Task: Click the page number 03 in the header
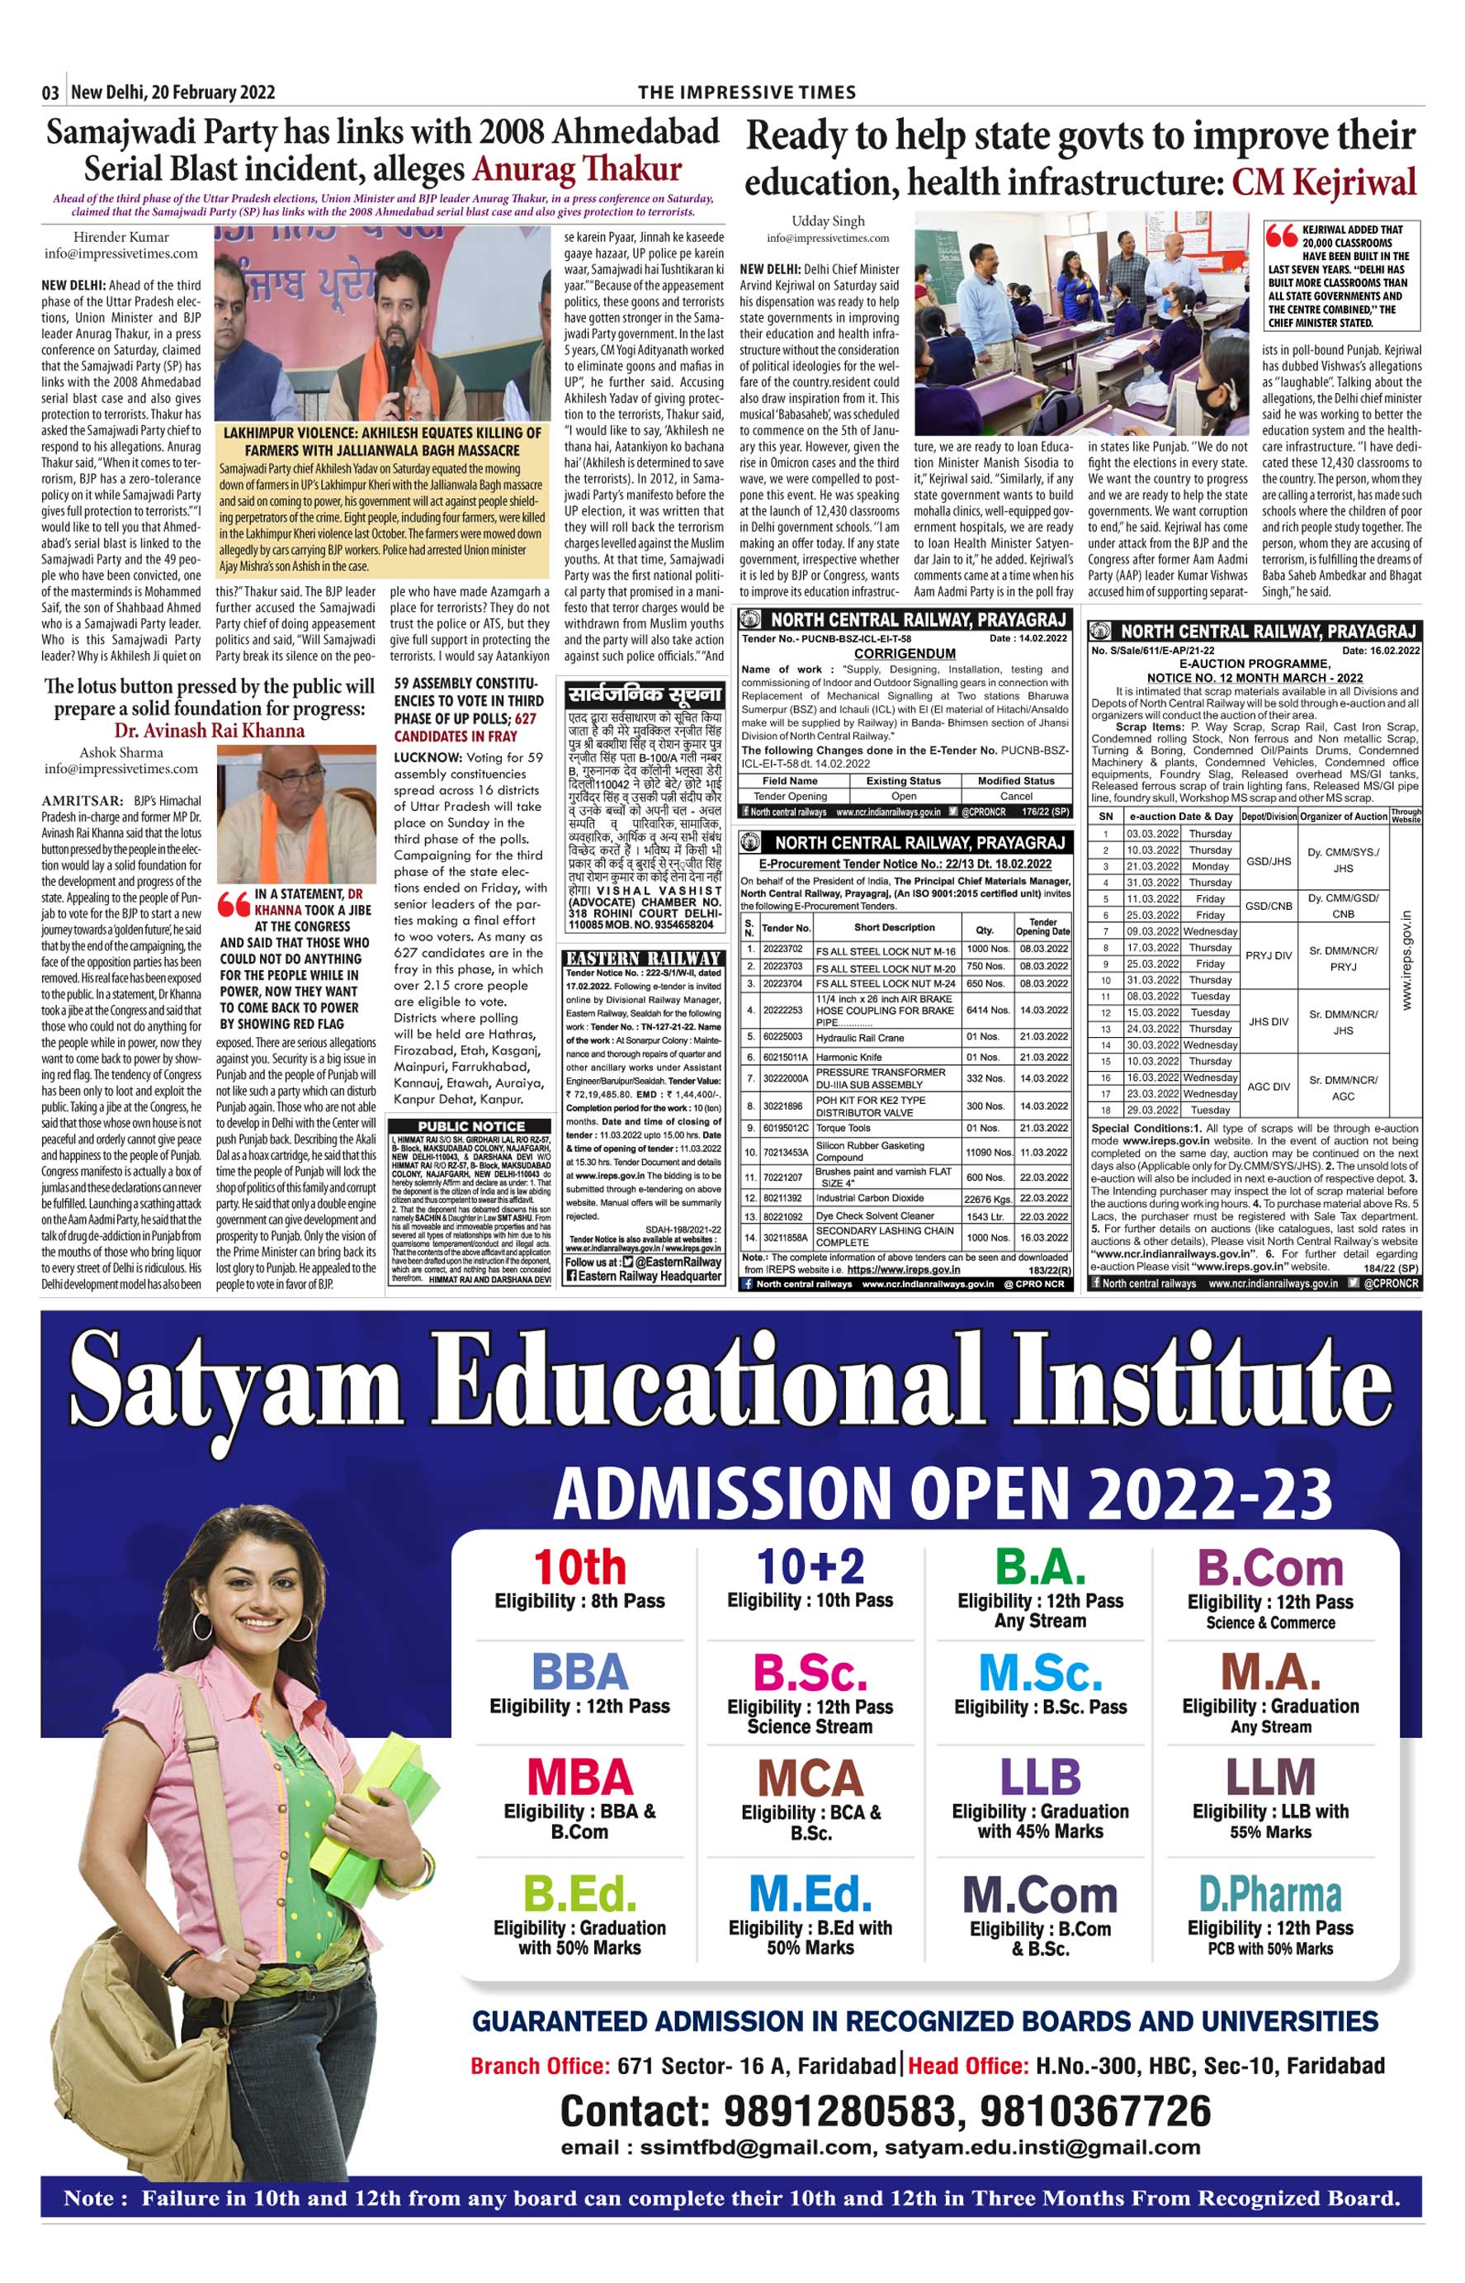(x=50, y=92)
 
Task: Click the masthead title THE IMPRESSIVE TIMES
(x=747, y=92)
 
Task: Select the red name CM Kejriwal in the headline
(x=1323, y=181)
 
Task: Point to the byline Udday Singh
(x=828, y=220)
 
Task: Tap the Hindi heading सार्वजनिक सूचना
(x=644, y=694)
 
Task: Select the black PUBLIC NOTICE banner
(x=471, y=1125)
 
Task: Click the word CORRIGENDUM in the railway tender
(x=905, y=654)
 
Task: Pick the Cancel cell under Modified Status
(x=1015, y=796)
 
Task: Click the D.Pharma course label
(x=1270, y=1894)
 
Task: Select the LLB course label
(x=1040, y=1777)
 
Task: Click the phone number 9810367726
(x=1095, y=2110)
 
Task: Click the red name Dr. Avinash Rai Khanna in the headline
(x=210, y=730)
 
